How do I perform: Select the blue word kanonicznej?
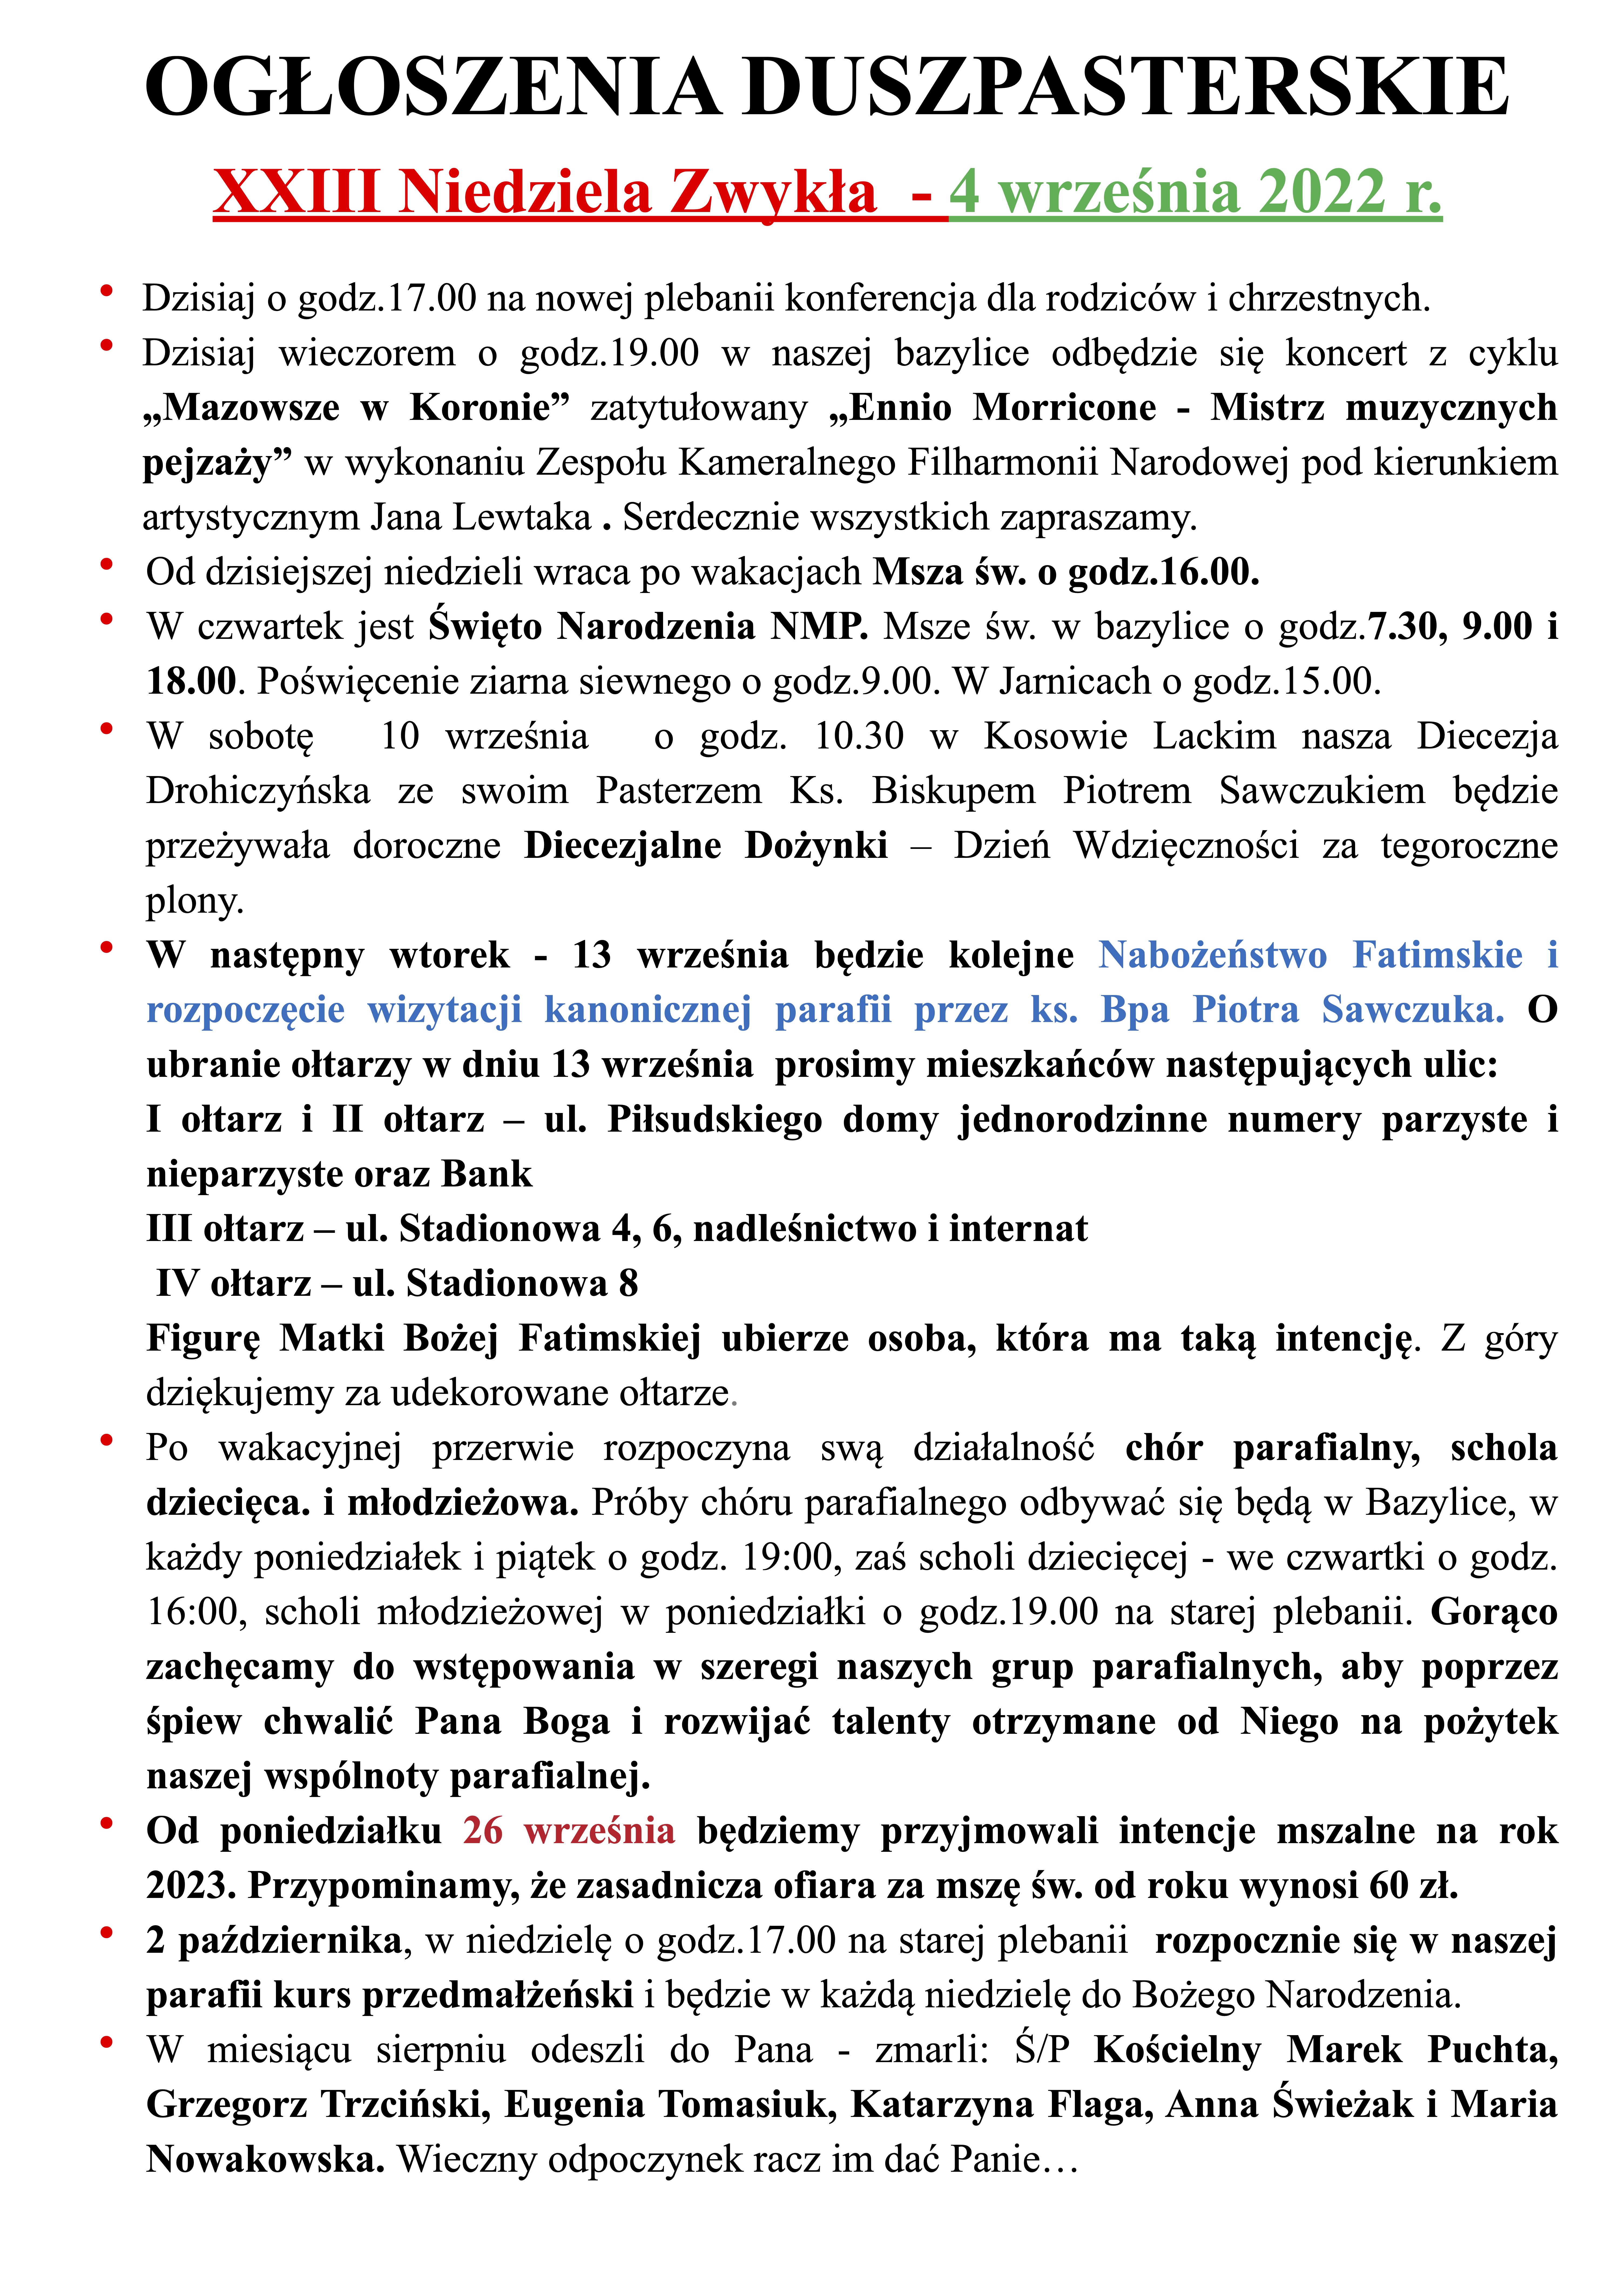click(647, 1010)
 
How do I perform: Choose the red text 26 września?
click(568, 1830)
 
